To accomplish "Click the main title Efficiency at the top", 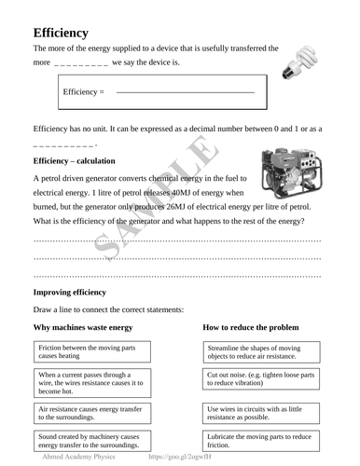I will pyautogui.click(x=61, y=33).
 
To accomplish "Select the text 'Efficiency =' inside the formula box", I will pyautogui.click(x=84, y=93).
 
